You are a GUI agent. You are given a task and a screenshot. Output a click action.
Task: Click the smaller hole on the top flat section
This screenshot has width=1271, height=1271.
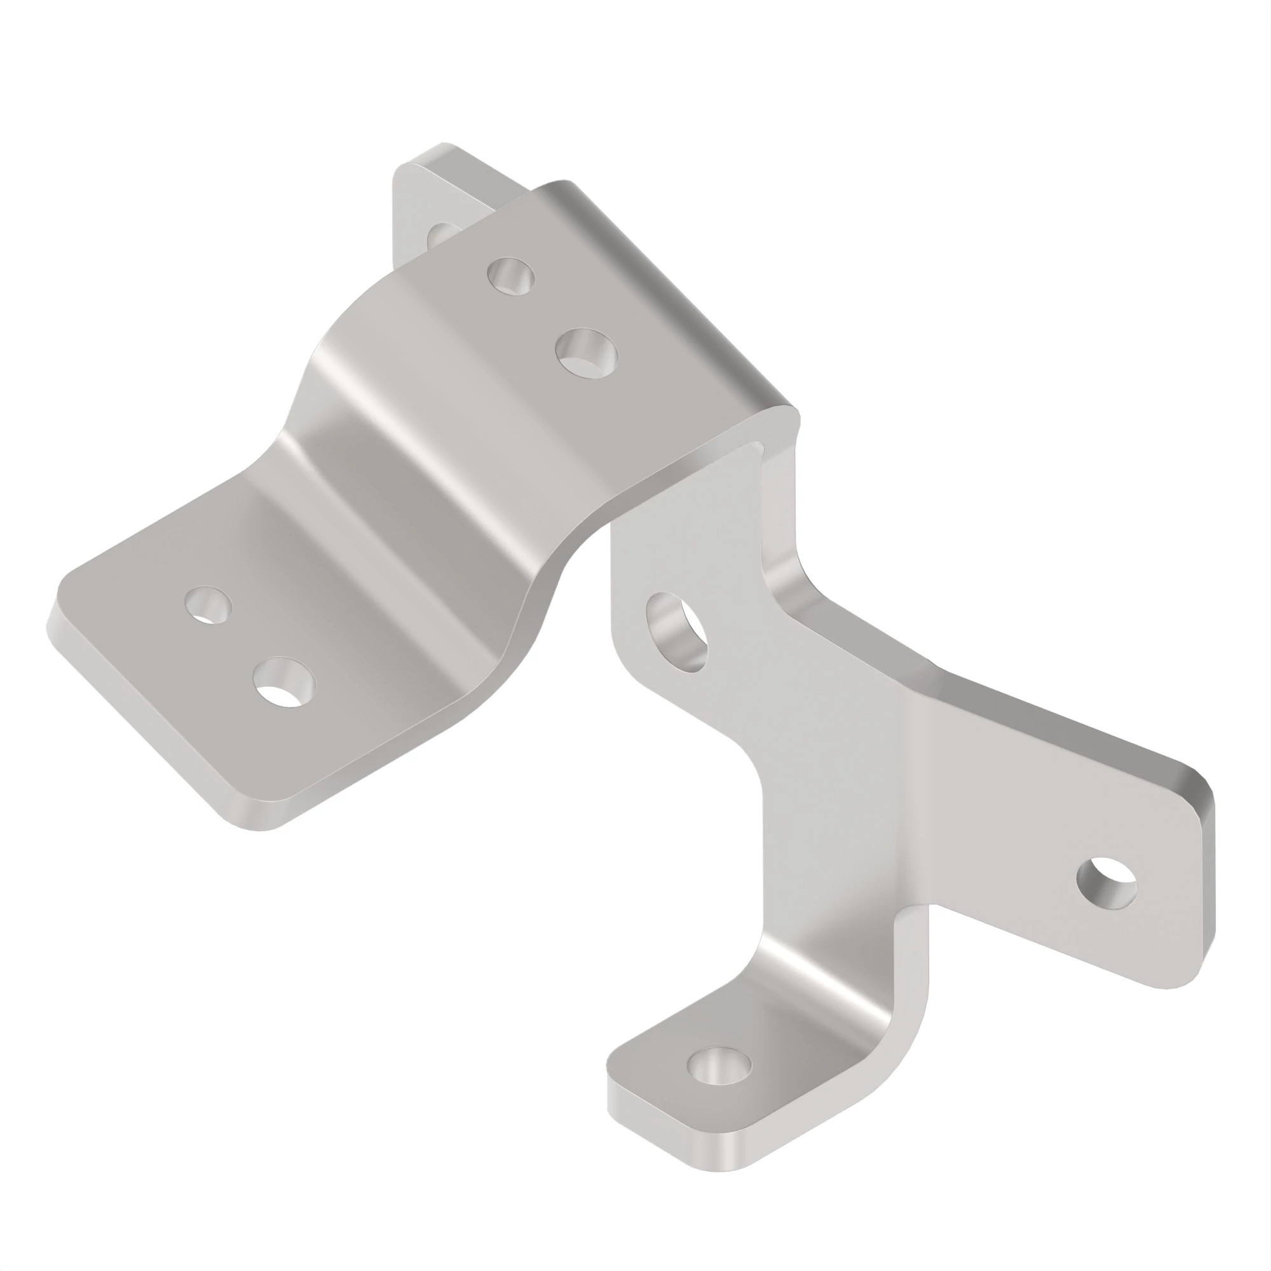pyautogui.click(x=510, y=276)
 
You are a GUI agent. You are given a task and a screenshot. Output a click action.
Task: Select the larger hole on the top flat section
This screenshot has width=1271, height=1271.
pyautogui.click(x=586, y=353)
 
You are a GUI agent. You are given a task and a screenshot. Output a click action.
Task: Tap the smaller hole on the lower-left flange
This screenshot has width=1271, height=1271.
pyautogui.click(x=208, y=604)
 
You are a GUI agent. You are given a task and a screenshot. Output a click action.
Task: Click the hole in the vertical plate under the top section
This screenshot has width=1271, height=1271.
pyautogui.click(x=676, y=632)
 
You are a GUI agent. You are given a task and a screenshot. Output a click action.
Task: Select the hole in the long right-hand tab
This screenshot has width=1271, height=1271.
pyautogui.click(x=1106, y=883)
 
